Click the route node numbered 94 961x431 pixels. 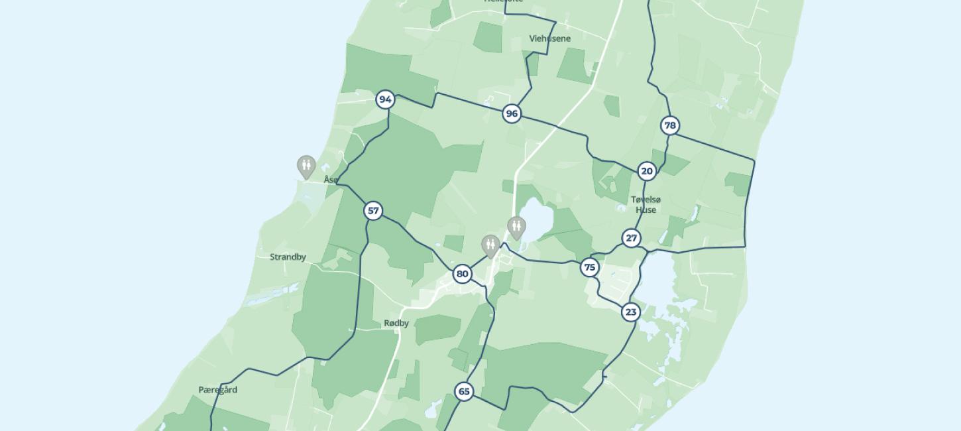[x=385, y=99]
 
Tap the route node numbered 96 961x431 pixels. [x=511, y=114]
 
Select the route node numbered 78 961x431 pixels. [x=670, y=125]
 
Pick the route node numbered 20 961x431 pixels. [x=646, y=171]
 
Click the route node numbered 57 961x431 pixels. [x=373, y=211]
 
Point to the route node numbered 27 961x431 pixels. [x=631, y=238]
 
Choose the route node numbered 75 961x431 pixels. [x=589, y=267]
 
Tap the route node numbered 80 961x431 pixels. [x=463, y=274]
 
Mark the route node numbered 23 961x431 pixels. [x=630, y=312]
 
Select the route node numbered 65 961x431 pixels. [x=464, y=391]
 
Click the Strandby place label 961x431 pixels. [x=288, y=257]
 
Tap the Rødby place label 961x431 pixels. [x=396, y=324]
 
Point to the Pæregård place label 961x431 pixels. [x=217, y=390]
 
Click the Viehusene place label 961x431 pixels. [x=549, y=38]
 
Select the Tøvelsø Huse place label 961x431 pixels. [x=646, y=204]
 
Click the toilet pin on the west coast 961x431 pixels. [x=306, y=166]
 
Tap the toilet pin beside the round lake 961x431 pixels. [x=516, y=227]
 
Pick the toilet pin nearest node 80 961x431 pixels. [x=490, y=245]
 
